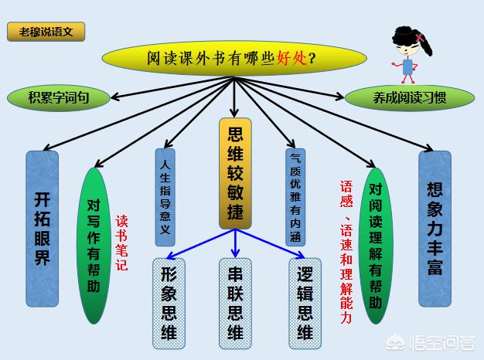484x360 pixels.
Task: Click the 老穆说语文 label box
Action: pyautogui.click(x=46, y=32)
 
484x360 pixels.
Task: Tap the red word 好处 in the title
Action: pyautogui.click(x=291, y=58)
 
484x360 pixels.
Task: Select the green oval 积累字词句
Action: pyautogui.click(x=58, y=98)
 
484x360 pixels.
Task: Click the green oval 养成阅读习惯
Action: pyautogui.click(x=409, y=98)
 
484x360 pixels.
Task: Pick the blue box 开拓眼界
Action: pyautogui.click(x=43, y=228)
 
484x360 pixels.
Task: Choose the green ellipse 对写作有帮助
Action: pyautogui.click(x=94, y=246)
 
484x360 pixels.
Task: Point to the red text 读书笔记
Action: pyautogui.click(x=121, y=243)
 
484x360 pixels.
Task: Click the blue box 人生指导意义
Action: pyautogui.click(x=165, y=197)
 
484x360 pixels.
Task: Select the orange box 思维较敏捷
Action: pyautogui.click(x=235, y=174)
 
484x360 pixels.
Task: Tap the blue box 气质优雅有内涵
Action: pyautogui.click(x=295, y=197)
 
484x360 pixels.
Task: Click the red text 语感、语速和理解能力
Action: pyautogui.click(x=346, y=252)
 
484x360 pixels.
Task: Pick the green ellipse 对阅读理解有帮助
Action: pyautogui.click(x=376, y=246)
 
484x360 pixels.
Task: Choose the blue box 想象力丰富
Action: pyautogui.click(x=435, y=228)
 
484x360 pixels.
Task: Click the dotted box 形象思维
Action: pyautogui.click(x=169, y=304)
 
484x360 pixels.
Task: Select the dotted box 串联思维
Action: pyautogui.click(x=235, y=304)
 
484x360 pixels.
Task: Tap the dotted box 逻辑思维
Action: pyautogui.click(x=305, y=304)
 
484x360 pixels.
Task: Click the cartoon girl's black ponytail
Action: pyautogui.click(x=425, y=45)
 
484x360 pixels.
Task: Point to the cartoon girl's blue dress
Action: pyautogui.click(x=408, y=67)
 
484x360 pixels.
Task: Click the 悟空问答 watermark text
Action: pyautogui.click(x=442, y=343)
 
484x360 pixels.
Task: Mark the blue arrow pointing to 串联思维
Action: pyautogui.click(x=235, y=243)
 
